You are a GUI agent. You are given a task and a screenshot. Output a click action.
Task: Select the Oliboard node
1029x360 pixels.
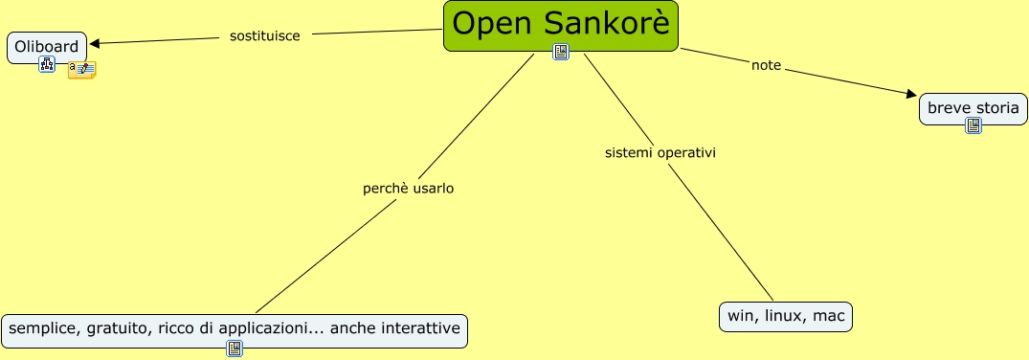tap(46, 47)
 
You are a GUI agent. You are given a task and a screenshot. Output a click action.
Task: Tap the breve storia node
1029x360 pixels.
tap(973, 108)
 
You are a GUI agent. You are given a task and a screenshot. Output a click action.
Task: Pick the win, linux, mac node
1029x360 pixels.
tap(785, 316)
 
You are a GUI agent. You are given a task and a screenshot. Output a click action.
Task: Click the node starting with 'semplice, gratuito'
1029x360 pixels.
tap(234, 329)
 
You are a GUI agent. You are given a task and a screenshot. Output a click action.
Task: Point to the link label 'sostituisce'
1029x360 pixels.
tap(265, 35)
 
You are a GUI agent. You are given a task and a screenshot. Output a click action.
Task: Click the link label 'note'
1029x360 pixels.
tap(766, 65)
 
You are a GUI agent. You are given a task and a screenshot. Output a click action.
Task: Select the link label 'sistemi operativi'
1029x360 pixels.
tap(660, 152)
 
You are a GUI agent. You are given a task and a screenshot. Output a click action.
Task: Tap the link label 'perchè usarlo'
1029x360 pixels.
tap(408, 188)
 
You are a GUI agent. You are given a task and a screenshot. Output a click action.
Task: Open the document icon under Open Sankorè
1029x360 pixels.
tap(561, 52)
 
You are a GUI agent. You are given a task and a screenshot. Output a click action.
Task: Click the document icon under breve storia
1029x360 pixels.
tap(973, 125)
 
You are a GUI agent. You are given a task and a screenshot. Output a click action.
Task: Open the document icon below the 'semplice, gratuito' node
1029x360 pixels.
tap(235, 349)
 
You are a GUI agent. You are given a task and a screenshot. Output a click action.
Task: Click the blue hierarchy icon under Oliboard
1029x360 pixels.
tap(47, 64)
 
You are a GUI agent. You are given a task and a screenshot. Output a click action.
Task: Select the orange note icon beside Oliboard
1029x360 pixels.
tap(81, 69)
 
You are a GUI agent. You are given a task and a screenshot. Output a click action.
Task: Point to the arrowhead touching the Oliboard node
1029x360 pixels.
tap(94, 42)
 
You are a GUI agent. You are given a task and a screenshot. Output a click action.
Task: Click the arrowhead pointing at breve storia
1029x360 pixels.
tap(911, 94)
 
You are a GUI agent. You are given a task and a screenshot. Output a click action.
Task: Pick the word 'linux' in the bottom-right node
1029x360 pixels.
tap(783, 316)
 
